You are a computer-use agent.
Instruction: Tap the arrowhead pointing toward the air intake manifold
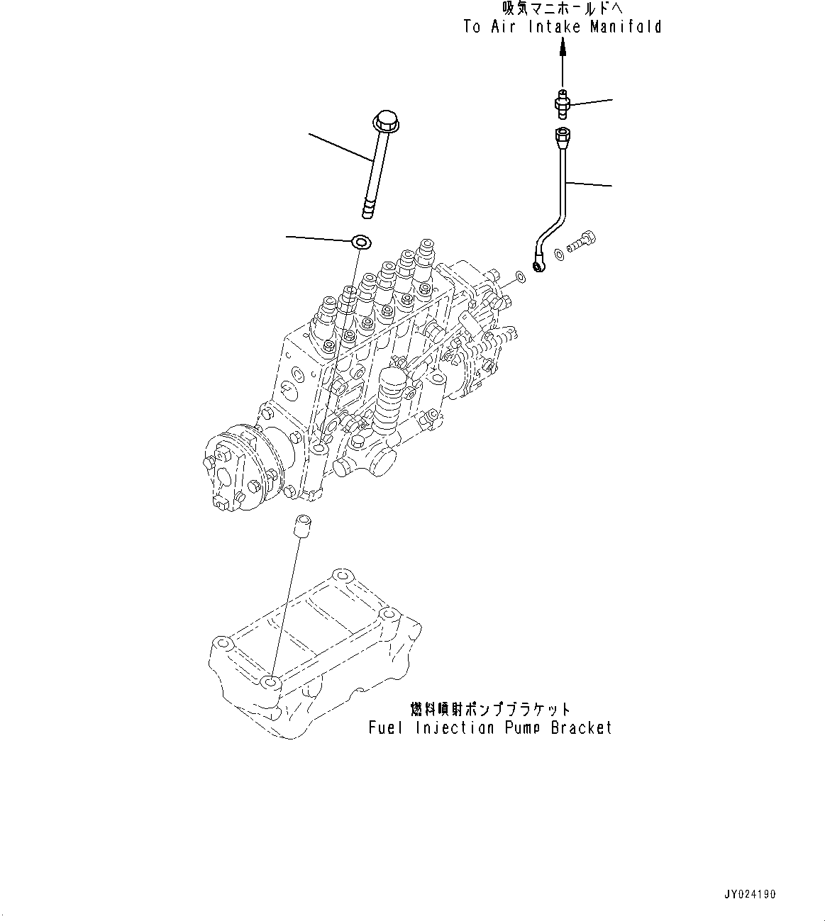563,48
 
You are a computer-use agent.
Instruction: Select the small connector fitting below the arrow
562,104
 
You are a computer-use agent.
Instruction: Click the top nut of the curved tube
563,135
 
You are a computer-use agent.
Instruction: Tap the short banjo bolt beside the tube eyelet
581,245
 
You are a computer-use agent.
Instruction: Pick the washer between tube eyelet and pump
520,275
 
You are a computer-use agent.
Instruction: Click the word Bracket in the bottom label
581,727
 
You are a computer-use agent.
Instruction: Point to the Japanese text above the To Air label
563,9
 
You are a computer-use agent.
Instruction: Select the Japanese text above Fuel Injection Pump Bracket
490,709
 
